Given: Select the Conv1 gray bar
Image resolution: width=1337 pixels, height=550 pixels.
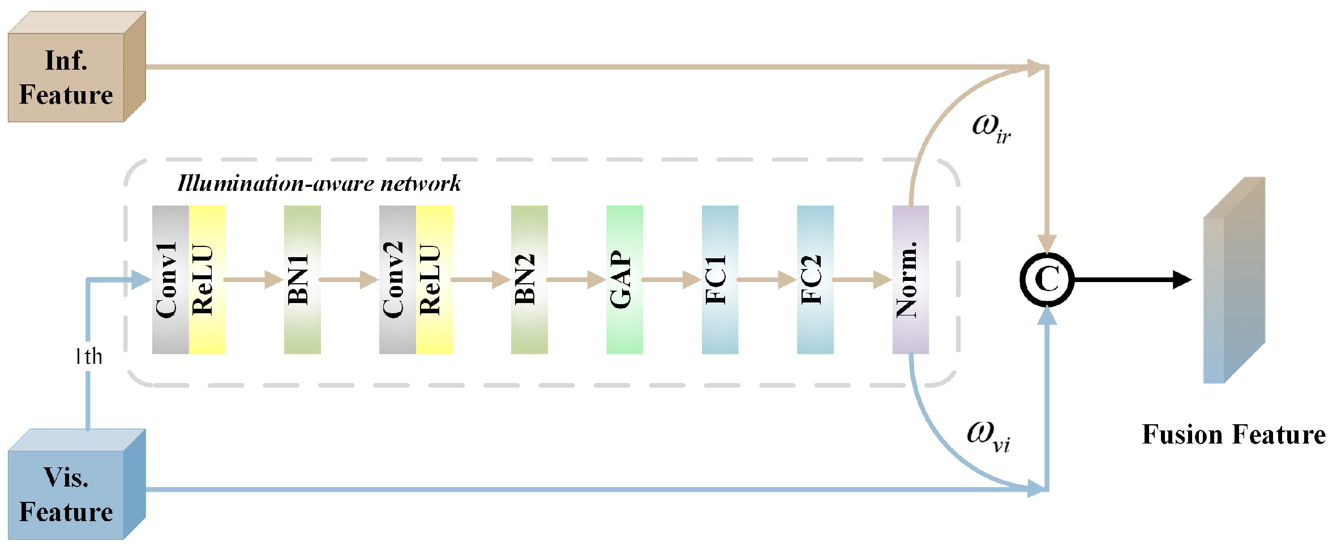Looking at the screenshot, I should coord(170,280).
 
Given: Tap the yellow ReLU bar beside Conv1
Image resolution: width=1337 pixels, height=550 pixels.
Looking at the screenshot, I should coord(207,280).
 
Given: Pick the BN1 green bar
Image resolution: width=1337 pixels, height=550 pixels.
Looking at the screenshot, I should coord(302,280).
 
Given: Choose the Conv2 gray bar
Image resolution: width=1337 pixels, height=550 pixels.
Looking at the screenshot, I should coord(397,280).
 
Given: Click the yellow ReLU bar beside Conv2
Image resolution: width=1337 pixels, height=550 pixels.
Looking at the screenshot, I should coord(434,280).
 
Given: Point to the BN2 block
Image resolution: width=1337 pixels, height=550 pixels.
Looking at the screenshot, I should coord(529,280).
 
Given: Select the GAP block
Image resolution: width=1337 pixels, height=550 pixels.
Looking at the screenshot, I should coord(624,280).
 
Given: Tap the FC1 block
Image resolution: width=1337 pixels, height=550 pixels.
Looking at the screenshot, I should coord(719,280).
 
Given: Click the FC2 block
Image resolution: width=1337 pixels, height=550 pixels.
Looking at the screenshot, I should coord(815,280).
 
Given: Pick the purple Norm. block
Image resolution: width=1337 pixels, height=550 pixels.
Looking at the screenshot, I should coord(910,280).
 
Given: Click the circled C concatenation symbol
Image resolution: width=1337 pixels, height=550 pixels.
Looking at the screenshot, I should coord(1047,279).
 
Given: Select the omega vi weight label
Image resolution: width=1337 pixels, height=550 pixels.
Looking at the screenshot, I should coord(988,436).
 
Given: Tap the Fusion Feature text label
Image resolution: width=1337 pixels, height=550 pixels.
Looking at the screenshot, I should coord(1233,435).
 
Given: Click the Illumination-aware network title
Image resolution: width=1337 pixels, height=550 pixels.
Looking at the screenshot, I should coord(319,184).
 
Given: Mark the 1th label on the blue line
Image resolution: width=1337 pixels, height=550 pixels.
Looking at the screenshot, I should coord(89,356).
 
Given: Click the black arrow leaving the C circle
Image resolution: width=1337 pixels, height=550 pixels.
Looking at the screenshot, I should coord(1132,279).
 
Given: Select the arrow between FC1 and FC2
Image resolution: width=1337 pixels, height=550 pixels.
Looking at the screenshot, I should coord(767,279).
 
